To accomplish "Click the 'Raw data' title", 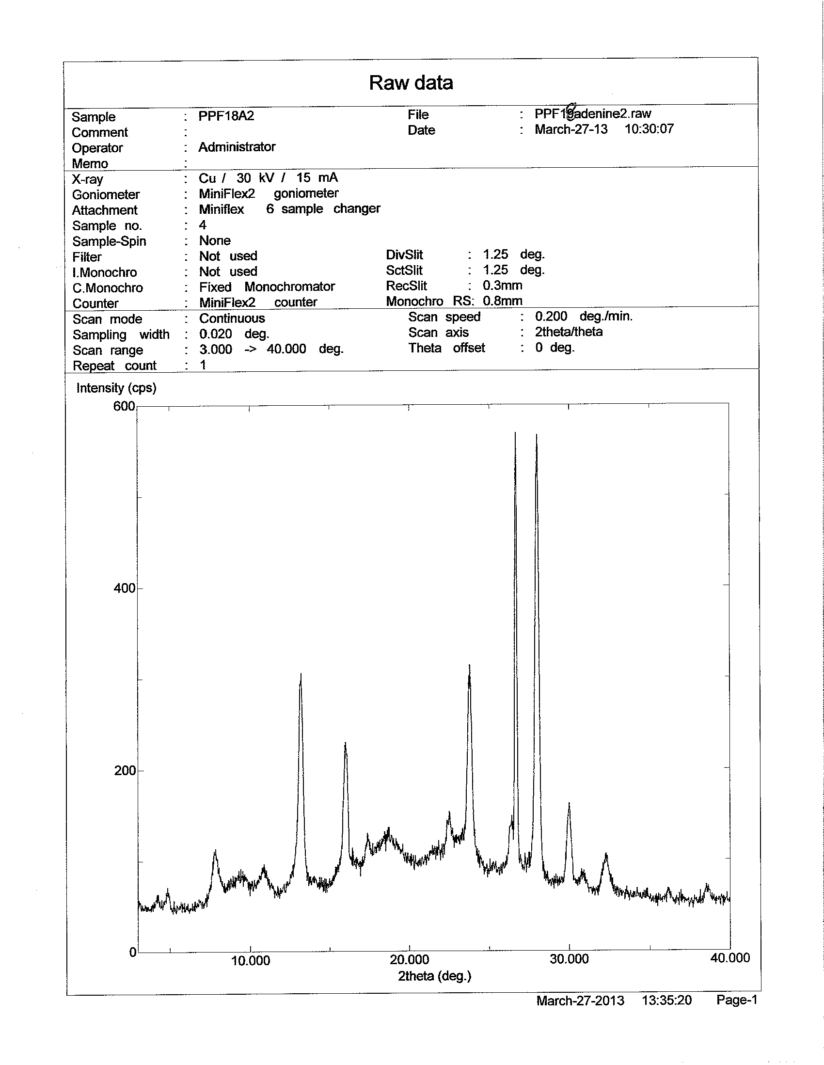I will tap(411, 83).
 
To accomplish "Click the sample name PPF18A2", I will tap(226, 116).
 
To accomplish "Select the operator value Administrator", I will tap(237, 147).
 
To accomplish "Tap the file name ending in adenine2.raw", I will tap(593, 113).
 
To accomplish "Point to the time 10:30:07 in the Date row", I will tap(649, 129).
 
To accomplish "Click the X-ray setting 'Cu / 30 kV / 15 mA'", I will tap(268, 178).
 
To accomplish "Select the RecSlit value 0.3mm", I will tap(503, 285).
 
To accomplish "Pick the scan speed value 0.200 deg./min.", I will tap(584, 317).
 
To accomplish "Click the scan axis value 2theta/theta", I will tap(569, 332).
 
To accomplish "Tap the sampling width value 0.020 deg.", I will tap(234, 334).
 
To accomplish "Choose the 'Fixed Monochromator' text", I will tap(267, 287).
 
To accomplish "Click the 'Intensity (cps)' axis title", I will tap(116, 388).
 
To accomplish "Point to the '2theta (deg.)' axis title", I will tap(434, 976).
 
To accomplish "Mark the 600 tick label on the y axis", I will tap(124, 406).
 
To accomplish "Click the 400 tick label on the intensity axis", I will tap(124, 588).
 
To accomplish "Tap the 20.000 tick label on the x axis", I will tap(410, 960).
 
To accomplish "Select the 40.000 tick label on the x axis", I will tap(730, 958).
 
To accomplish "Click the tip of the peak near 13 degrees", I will tap(301, 674).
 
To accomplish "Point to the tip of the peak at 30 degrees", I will tap(569, 803).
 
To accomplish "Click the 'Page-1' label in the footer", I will tap(736, 1000).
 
